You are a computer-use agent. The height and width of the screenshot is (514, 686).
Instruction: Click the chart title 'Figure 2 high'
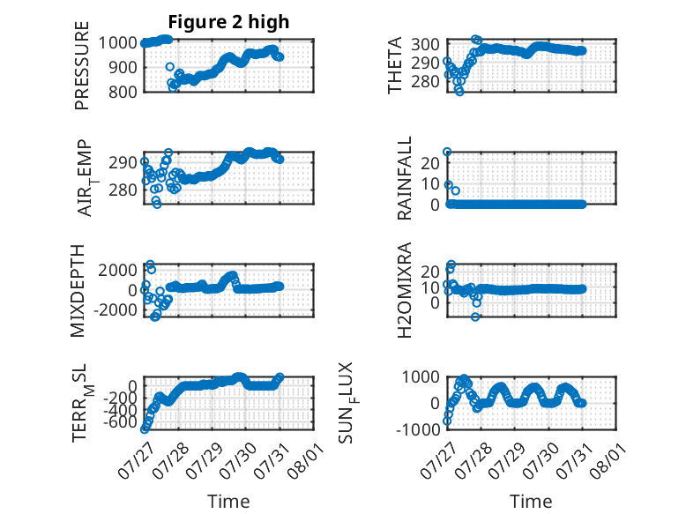click(228, 22)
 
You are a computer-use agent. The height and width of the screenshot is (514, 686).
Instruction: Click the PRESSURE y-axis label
click(82, 65)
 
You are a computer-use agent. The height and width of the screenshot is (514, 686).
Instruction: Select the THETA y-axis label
click(395, 65)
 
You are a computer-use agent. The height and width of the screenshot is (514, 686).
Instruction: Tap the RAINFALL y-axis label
click(404, 178)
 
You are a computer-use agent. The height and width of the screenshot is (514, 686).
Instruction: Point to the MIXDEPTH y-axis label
click(78, 291)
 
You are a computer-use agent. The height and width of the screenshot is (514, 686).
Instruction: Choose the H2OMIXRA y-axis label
click(404, 290)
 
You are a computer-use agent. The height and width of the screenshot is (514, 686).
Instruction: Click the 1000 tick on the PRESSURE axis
click(117, 43)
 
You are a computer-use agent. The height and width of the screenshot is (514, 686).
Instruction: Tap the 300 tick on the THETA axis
click(425, 44)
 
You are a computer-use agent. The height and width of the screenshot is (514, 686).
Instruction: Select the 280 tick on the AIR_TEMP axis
click(123, 190)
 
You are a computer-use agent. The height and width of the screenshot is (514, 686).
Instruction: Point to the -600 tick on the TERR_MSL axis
click(120, 422)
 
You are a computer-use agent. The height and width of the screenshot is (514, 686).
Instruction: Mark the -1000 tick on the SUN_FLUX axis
click(418, 429)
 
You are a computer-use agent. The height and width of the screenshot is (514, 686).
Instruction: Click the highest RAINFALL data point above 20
click(447, 152)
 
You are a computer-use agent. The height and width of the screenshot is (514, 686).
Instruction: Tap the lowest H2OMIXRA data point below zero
click(475, 317)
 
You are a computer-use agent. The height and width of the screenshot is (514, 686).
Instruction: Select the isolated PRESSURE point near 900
click(170, 66)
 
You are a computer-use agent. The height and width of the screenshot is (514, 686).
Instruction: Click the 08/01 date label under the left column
click(306, 460)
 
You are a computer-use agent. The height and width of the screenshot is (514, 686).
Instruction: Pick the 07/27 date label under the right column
click(440, 460)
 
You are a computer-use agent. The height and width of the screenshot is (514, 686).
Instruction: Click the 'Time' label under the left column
click(228, 502)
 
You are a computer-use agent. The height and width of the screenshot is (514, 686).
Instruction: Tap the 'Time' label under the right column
click(531, 502)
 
